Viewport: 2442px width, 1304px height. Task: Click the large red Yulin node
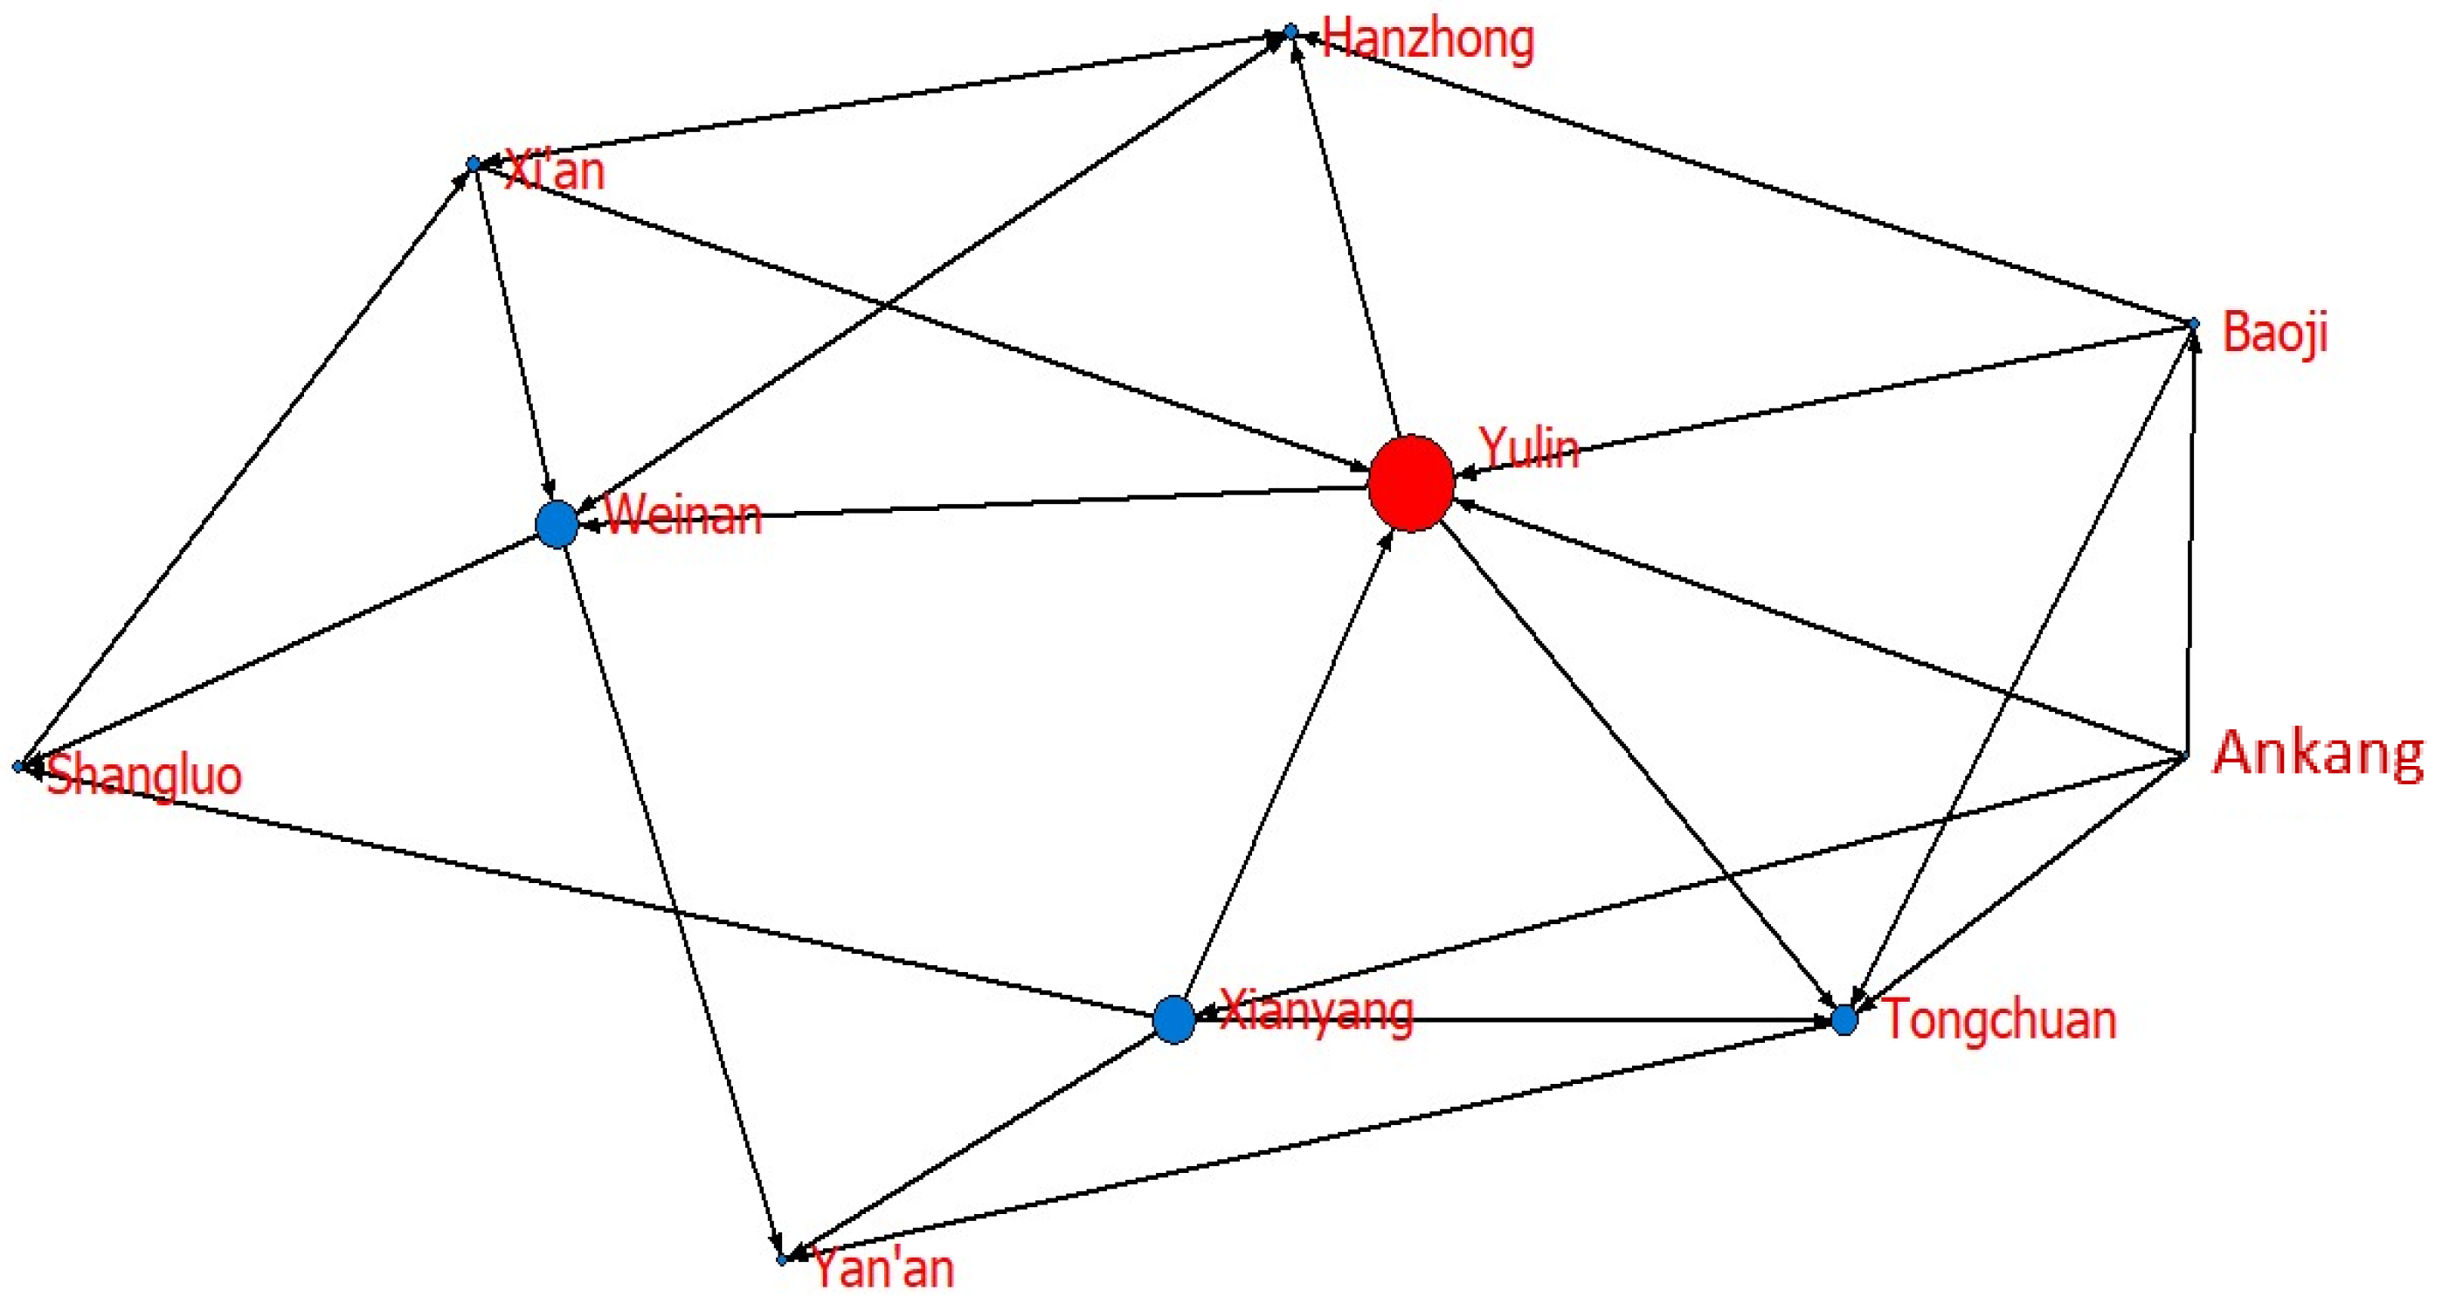coord(1411,482)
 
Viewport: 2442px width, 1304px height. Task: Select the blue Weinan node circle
coord(557,524)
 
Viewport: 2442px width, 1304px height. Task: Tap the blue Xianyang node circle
coord(1173,1019)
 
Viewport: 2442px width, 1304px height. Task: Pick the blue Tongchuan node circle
coord(1844,1021)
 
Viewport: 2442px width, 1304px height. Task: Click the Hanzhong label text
coord(1428,41)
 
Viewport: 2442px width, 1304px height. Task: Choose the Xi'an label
coord(555,171)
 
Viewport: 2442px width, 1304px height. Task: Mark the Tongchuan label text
coord(1998,1019)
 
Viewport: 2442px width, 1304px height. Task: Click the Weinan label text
coord(682,516)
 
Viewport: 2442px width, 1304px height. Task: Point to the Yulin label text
coord(1529,447)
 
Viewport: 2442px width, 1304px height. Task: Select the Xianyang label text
coord(1317,1011)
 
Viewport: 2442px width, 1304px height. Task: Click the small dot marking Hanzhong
coord(1290,32)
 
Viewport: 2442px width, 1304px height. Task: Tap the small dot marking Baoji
coord(2193,324)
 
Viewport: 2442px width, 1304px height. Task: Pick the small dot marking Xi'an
coord(473,164)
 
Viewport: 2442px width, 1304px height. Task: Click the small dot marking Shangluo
coord(18,766)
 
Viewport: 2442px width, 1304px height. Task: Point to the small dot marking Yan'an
coord(782,1260)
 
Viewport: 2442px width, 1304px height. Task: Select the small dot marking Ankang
coord(2185,756)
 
